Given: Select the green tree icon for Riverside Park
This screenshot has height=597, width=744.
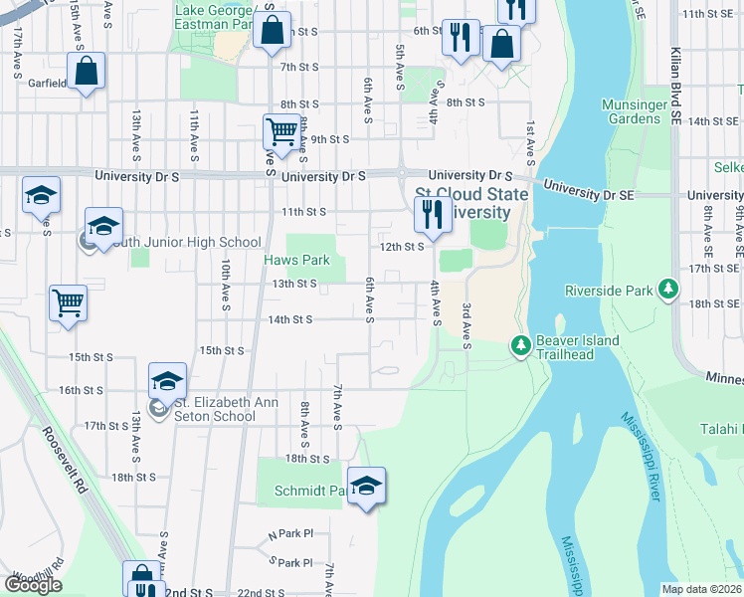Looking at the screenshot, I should (669, 291).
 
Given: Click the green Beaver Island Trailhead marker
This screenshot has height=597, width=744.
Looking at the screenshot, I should (519, 345).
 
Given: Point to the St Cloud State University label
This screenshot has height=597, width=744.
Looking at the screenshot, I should (463, 203).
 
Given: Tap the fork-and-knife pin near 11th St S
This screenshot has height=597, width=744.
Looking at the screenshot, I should (432, 214).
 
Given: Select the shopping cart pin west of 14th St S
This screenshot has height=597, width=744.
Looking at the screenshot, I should (68, 302).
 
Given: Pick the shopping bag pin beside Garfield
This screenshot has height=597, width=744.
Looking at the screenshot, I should (87, 72).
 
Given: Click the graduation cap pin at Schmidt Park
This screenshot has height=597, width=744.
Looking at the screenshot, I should (366, 486).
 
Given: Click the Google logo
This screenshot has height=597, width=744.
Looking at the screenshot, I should (33, 585).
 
